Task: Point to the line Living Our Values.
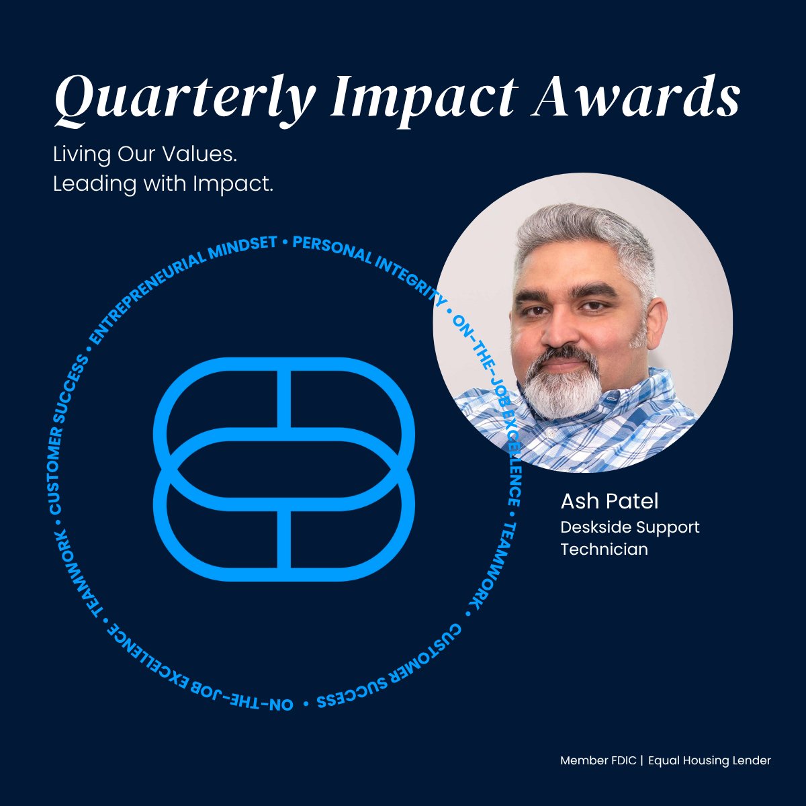click(145, 154)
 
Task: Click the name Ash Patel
click(610, 501)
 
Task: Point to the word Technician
click(604, 549)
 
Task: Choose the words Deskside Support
click(629, 527)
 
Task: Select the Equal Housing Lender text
click(709, 761)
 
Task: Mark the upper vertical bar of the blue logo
click(284, 398)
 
